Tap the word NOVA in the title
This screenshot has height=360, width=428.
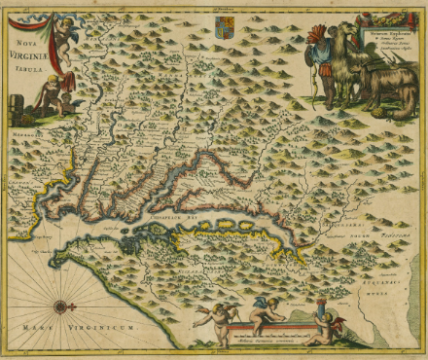pos(24,44)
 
